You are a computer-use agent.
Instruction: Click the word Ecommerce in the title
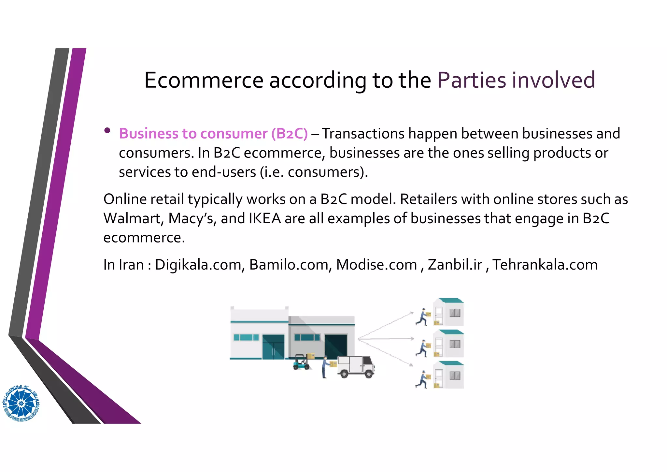[x=204, y=80]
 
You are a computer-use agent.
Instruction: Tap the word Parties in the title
[x=472, y=80]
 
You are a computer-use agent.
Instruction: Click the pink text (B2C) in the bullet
[x=289, y=134]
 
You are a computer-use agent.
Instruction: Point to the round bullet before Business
[x=107, y=131]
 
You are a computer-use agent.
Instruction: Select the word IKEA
[x=264, y=218]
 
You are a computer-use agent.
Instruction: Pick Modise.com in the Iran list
[x=376, y=265]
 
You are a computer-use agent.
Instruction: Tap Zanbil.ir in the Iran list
[x=455, y=265]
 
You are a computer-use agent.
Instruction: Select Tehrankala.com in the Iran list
[x=545, y=265]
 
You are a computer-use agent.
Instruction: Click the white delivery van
[x=356, y=366]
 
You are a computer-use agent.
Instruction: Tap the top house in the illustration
[x=448, y=312]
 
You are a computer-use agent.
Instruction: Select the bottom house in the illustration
[x=448, y=375]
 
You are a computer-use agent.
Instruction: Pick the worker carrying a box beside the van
[x=326, y=367]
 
